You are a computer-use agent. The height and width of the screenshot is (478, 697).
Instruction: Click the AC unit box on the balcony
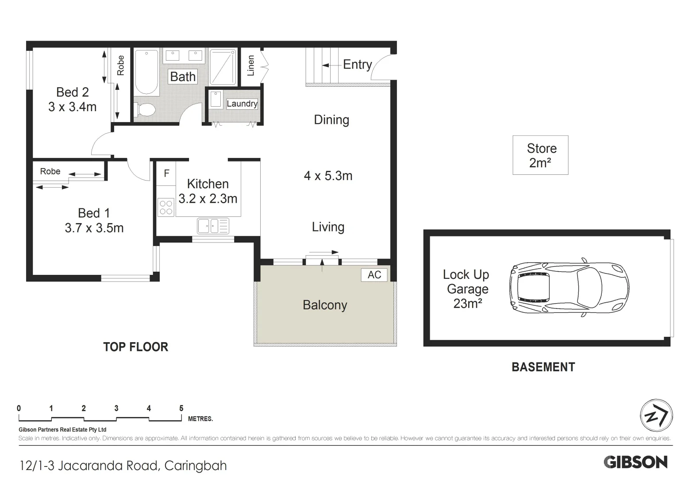374,275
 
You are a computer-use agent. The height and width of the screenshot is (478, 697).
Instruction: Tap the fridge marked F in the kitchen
166,173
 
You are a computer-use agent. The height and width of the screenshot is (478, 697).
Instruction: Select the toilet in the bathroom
145,109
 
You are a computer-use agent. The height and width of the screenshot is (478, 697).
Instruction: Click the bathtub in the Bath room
146,73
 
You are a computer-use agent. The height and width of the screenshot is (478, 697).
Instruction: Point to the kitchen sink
213,226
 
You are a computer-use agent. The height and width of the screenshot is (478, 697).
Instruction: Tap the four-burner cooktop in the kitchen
166,207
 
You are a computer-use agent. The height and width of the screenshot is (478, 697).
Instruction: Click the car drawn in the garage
569,288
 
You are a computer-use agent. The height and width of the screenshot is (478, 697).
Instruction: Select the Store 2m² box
540,155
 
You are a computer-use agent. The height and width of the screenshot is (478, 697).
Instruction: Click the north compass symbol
657,416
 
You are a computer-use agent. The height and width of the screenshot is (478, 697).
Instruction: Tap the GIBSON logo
635,462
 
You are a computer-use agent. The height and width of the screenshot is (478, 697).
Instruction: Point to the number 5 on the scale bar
181,408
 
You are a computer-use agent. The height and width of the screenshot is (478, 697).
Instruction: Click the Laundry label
242,104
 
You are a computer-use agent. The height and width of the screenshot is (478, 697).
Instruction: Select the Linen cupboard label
251,66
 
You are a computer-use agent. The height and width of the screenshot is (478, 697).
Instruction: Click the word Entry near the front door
358,65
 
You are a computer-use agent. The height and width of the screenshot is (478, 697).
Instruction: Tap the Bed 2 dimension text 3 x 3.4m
72,107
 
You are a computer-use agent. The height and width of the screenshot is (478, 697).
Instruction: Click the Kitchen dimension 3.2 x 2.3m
208,199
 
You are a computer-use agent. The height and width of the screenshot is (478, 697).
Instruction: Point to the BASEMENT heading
543,367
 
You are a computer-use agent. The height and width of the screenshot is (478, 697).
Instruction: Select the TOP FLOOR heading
136,347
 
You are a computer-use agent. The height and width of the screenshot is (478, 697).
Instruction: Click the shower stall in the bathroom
223,66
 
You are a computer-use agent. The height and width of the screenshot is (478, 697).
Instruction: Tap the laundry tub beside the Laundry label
216,99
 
